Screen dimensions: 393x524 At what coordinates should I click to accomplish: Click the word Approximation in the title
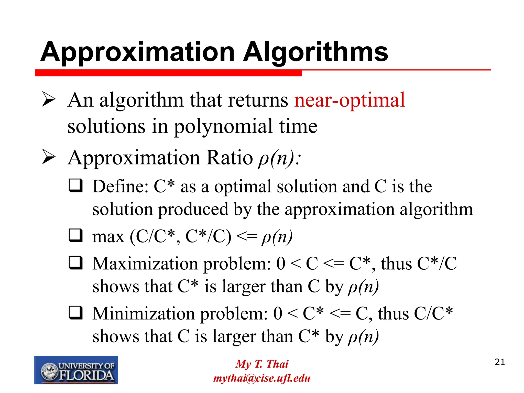pyautogui.click(x=138, y=52)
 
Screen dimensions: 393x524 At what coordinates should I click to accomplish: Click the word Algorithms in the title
pyautogui.click(x=315, y=52)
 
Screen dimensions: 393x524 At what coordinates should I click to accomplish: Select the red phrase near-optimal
pyautogui.click(x=350, y=100)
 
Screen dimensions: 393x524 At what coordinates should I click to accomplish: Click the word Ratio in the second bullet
pyautogui.click(x=230, y=158)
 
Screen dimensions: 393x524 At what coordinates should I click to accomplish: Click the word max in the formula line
pyautogui.click(x=108, y=236)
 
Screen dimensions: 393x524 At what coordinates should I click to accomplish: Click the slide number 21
pyautogui.click(x=500, y=362)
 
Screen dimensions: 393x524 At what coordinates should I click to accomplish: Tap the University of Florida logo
pyautogui.click(x=76, y=370)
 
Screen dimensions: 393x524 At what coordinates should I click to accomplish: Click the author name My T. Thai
pyautogui.click(x=262, y=364)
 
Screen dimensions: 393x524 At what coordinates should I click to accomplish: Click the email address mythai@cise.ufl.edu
pyautogui.click(x=262, y=378)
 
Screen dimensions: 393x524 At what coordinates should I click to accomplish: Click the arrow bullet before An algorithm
pyautogui.click(x=49, y=100)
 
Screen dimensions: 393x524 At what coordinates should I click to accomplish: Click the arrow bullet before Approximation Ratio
pyautogui.click(x=49, y=157)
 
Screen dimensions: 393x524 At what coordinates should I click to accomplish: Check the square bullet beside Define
pyautogui.click(x=75, y=186)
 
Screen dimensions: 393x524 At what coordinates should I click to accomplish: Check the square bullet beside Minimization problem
pyautogui.click(x=75, y=313)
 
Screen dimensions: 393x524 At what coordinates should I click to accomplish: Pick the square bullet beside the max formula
pyautogui.click(x=75, y=236)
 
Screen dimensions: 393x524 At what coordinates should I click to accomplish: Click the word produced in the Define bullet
pyautogui.click(x=193, y=209)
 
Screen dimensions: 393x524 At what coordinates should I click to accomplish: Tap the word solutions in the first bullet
pyautogui.click(x=106, y=126)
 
